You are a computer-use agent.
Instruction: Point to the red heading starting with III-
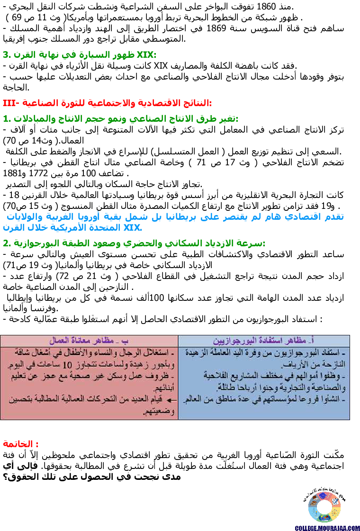[x=108, y=103]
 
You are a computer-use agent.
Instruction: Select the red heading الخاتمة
[x=21, y=444]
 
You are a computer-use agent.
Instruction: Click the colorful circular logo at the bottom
[x=324, y=507]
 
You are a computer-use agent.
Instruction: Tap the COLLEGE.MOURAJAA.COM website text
[x=327, y=527]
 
